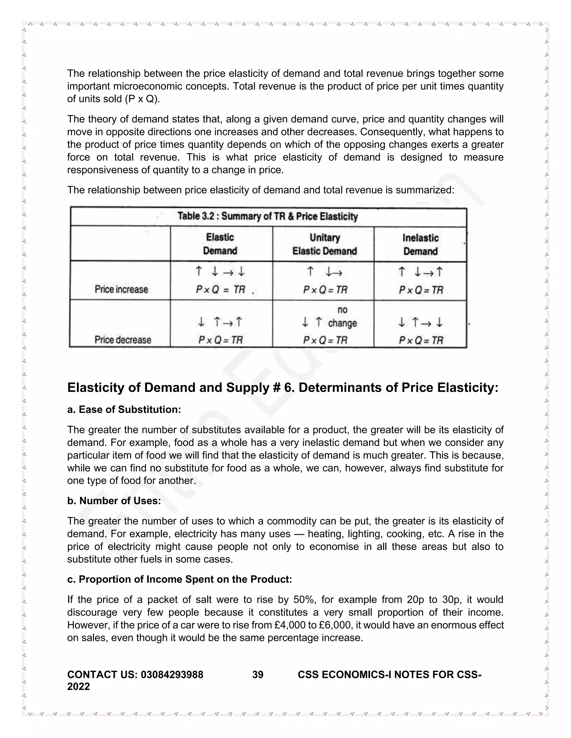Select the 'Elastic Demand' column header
coord(220,244)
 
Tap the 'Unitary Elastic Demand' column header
coord(325,244)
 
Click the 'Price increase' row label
coord(121,289)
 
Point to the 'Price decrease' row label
coord(122,339)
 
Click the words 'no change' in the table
coord(342,317)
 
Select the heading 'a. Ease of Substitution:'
coord(124,410)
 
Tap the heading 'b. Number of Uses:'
coord(114,501)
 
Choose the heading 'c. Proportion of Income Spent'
coord(179,579)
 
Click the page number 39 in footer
coord(258,675)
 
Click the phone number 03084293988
coord(172,675)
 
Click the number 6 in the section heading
coord(287,388)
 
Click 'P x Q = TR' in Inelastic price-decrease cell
coord(421,340)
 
